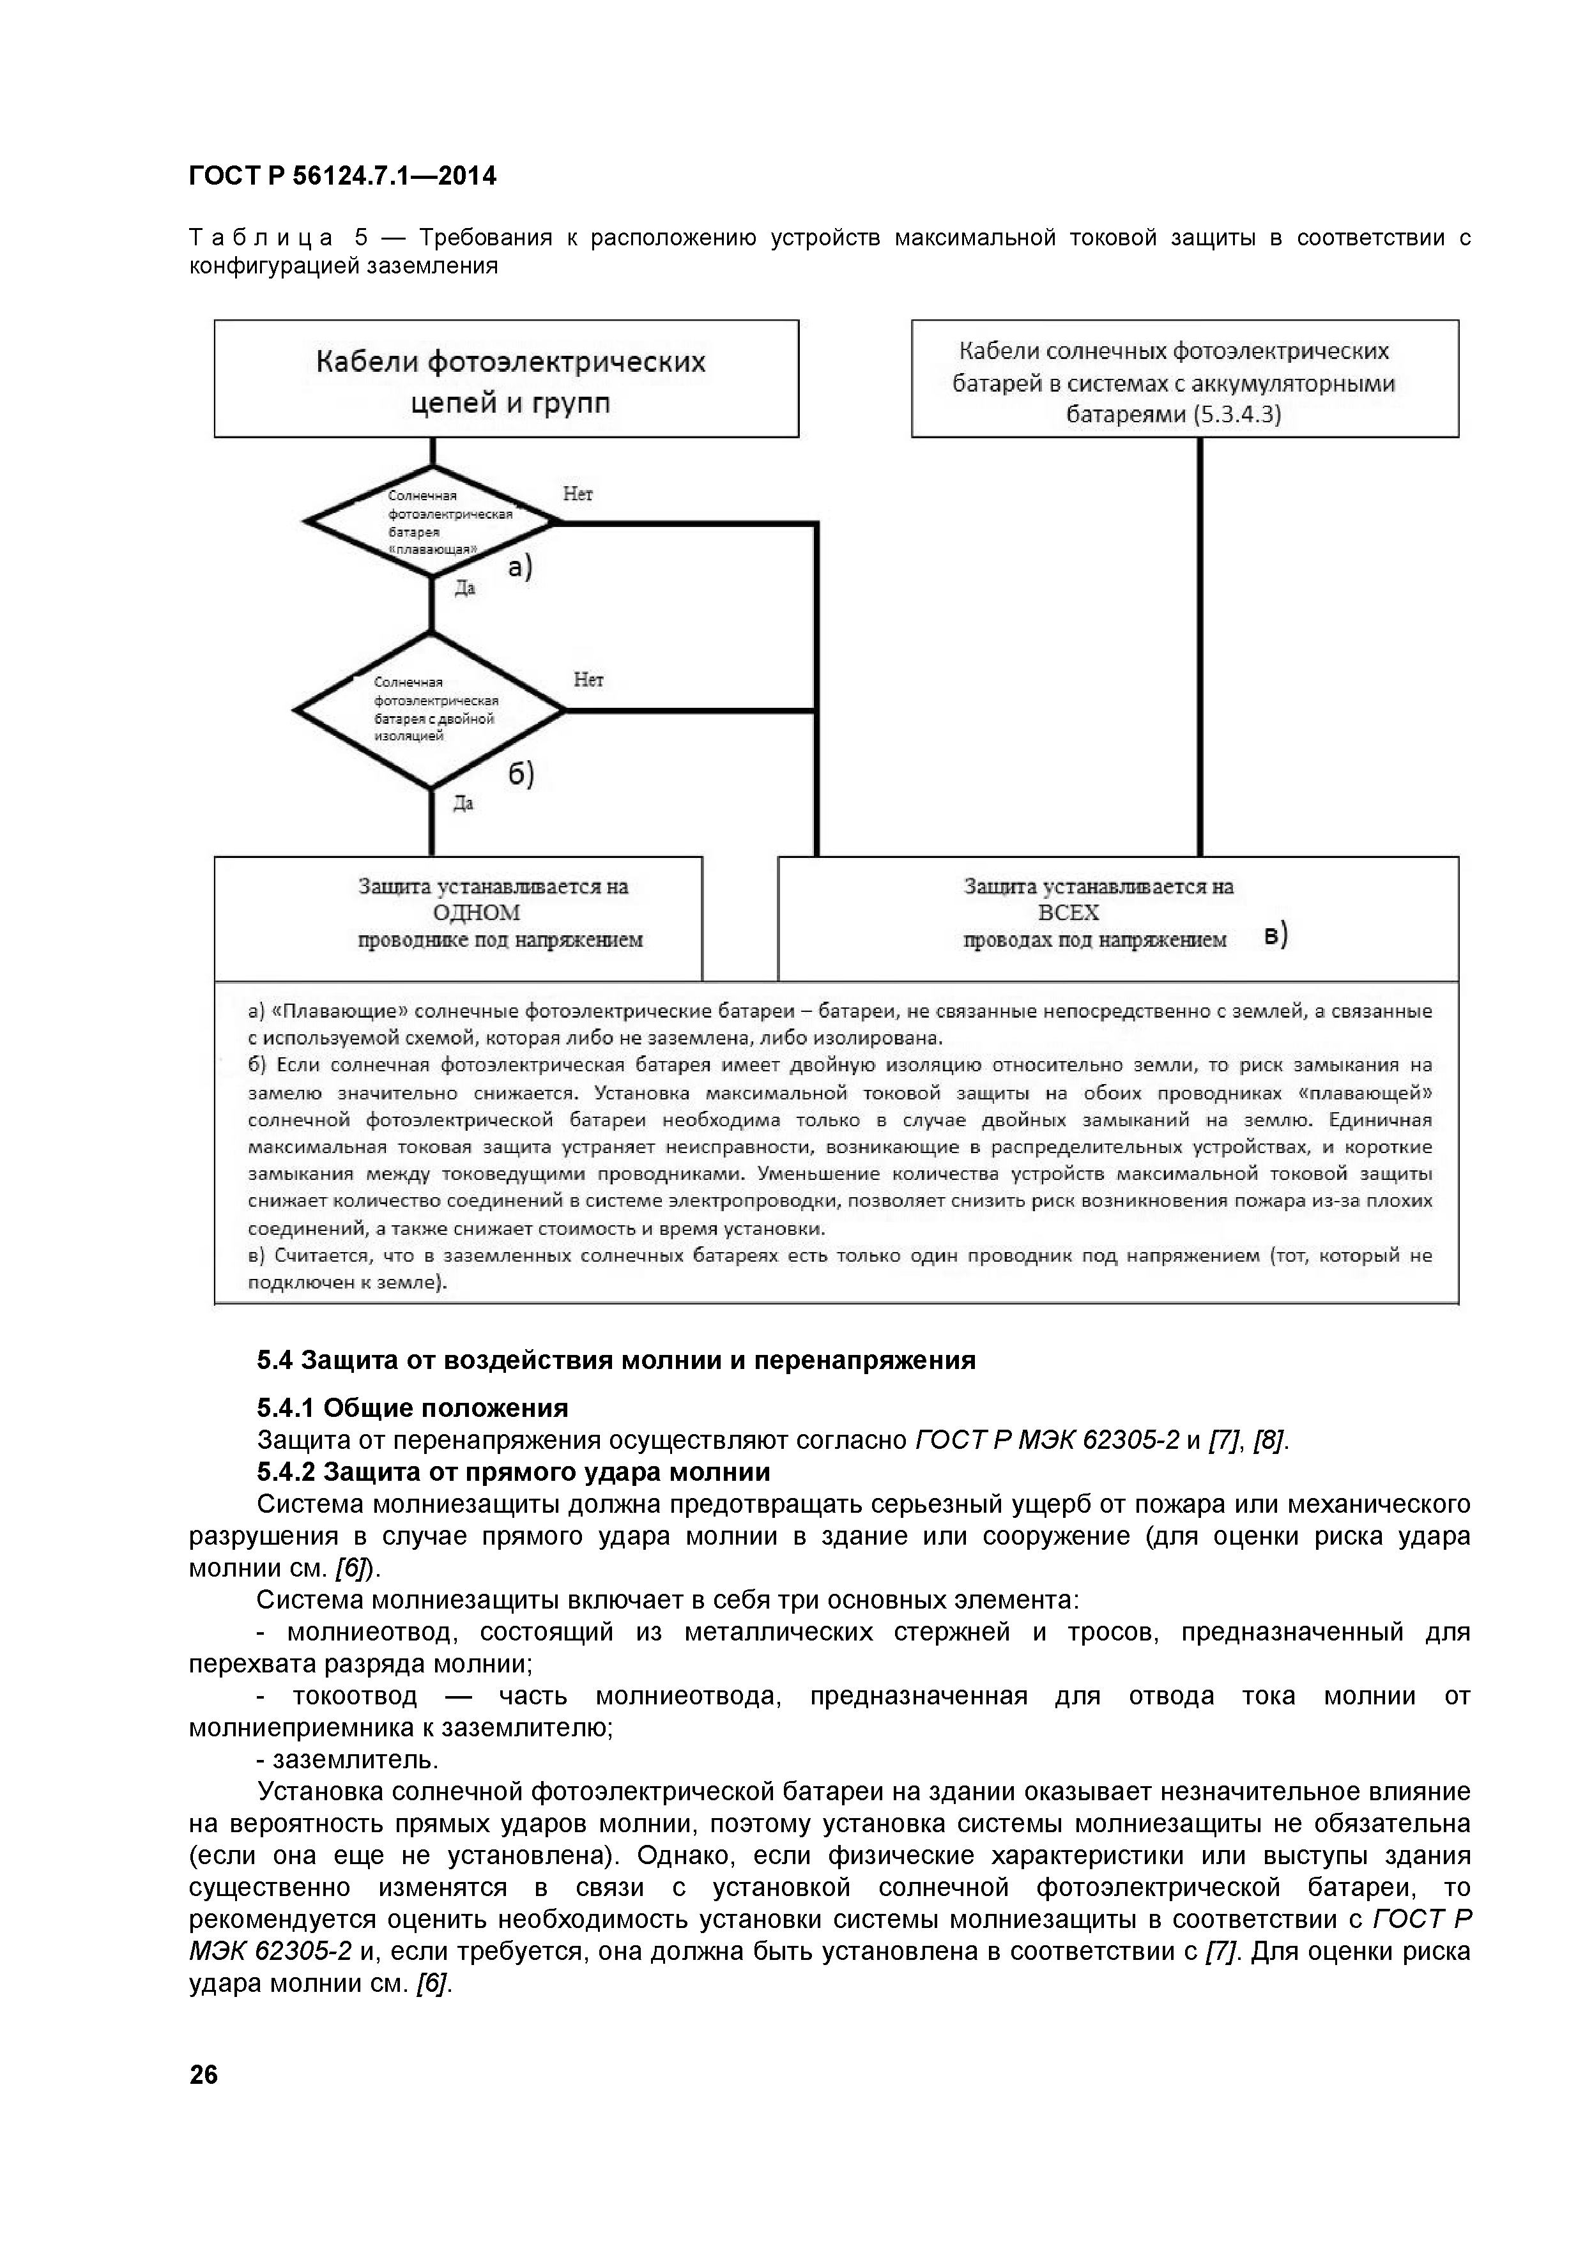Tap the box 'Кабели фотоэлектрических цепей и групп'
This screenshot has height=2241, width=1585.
(x=507, y=379)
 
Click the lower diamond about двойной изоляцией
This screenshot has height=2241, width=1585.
(x=431, y=710)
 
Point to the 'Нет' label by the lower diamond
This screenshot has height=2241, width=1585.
(x=588, y=679)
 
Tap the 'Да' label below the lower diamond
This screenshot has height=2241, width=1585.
(x=464, y=803)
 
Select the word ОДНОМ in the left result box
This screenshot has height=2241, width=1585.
(x=477, y=913)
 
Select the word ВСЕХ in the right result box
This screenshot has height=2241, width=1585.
(x=1069, y=913)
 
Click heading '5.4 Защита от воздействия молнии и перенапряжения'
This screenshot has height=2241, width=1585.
(x=616, y=1361)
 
